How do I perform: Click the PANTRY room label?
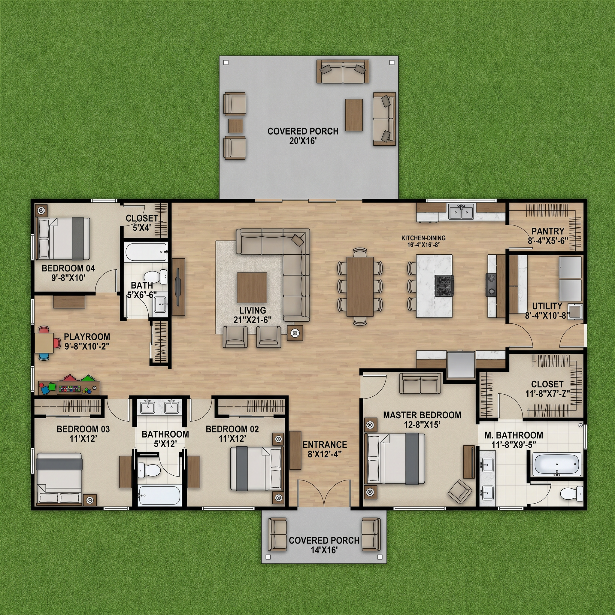coord(548,231)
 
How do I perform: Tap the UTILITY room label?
coord(547,306)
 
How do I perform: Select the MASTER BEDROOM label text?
coord(422,415)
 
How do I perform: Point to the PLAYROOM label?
coord(87,336)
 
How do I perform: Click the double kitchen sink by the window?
coord(461,211)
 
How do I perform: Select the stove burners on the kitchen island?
coord(444,286)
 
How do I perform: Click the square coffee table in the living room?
coord(252,287)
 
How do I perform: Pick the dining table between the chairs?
coord(360,286)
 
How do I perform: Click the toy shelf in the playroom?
coord(69,387)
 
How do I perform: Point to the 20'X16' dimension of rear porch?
coord(303,141)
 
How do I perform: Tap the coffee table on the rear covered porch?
coord(354,115)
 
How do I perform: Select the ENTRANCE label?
coord(325,444)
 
